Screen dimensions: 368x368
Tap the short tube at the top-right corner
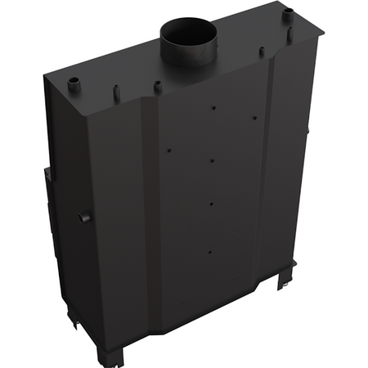click(x=288, y=16)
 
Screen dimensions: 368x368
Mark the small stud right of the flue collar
click(x=262, y=52)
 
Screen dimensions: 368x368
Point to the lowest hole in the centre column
click(x=210, y=252)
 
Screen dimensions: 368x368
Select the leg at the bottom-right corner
click(x=285, y=277)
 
